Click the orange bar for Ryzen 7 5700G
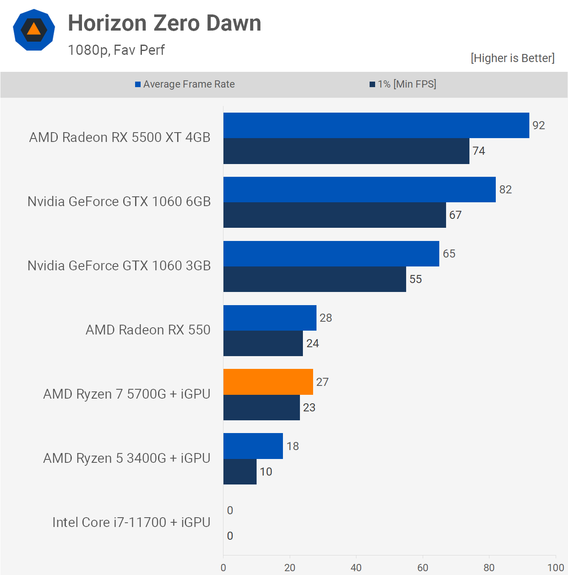click(268, 382)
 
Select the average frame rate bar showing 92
click(376, 125)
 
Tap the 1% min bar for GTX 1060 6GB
click(334, 215)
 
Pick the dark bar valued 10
click(240, 472)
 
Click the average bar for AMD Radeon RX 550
click(270, 318)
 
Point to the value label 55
click(415, 279)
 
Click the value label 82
click(505, 190)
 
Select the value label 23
click(309, 408)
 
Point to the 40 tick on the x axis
click(356, 567)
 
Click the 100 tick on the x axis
click(555, 567)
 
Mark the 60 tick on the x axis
click(423, 567)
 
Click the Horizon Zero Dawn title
click(164, 23)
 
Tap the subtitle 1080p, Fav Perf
click(116, 50)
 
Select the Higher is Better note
click(512, 58)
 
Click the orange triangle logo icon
click(34, 30)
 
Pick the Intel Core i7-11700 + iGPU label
click(131, 522)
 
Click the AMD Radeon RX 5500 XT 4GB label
click(120, 137)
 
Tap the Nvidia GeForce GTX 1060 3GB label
click(119, 266)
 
